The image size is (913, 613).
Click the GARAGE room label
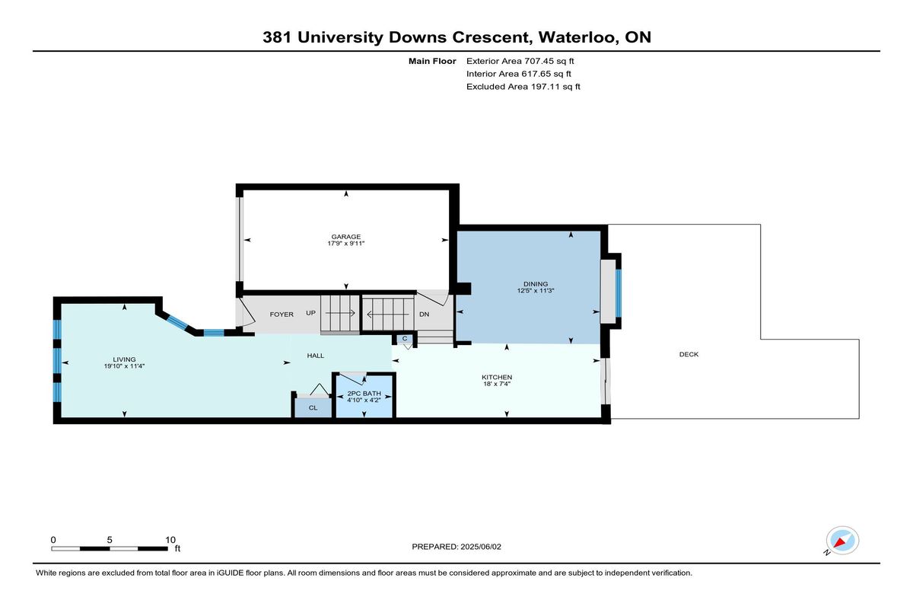pos(345,237)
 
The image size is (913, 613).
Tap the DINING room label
pos(536,284)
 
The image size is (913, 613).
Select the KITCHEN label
pos(497,377)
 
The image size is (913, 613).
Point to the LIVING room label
pos(124,359)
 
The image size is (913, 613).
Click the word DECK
pos(689,354)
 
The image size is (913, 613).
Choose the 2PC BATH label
pos(364,394)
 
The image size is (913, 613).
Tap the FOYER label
pos(282,314)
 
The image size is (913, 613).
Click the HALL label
pos(316,356)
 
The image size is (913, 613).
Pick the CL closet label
pos(313,408)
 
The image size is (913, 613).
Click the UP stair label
pos(311,313)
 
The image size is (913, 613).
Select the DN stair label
pos(425,314)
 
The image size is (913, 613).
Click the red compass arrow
pos(840,542)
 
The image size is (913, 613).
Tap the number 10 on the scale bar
pos(170,540)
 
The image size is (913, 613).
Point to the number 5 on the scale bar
pos(110,540)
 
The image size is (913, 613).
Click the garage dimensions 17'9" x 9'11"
pos(345,244)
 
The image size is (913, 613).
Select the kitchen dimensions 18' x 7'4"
pos(497,384)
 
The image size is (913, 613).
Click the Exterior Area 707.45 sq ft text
pos(520,61)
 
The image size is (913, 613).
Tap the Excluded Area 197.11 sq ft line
pos(523,87)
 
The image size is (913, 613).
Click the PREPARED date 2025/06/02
pos(481,547)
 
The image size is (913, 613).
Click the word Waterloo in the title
pos(576,37)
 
